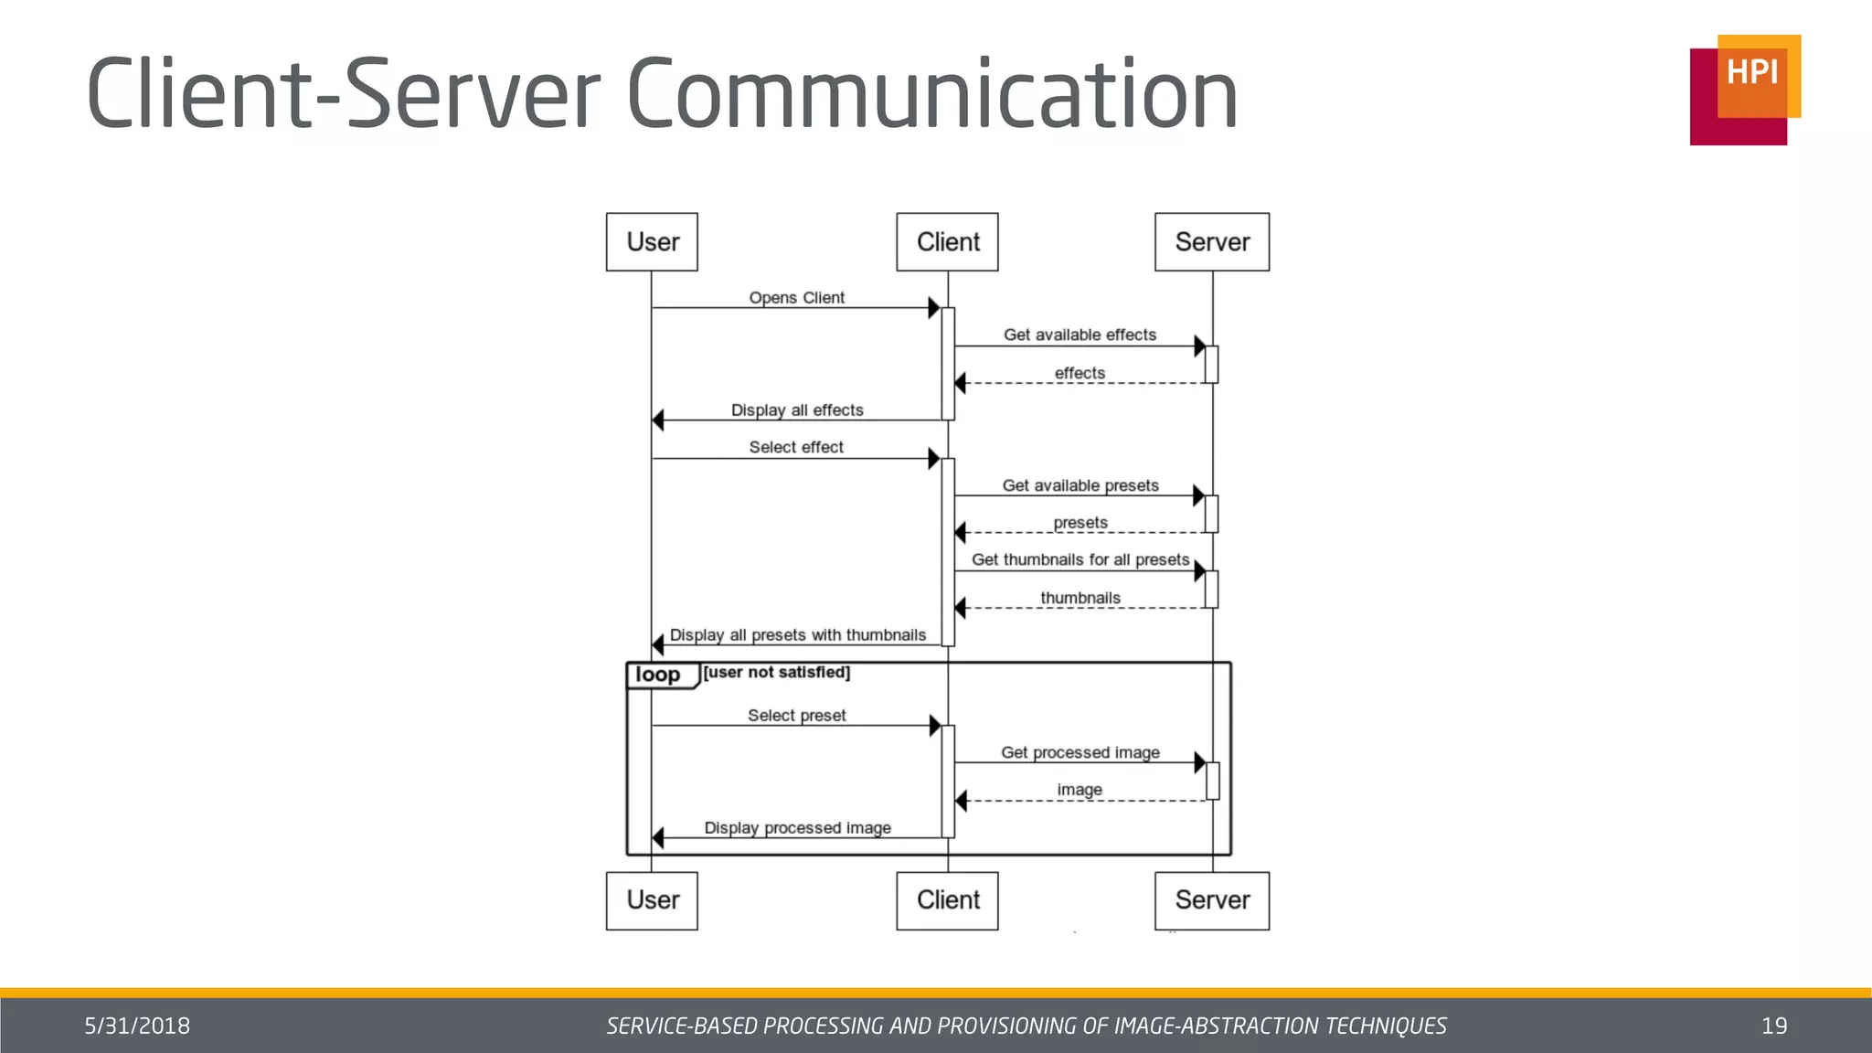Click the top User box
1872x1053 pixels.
[652, 242]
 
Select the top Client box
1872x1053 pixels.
[947, 242]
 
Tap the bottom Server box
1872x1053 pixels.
[1211, 900]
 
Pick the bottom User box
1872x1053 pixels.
[652, 900]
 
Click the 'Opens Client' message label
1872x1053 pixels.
[796, 298]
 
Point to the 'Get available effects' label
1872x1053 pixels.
[1080, 335]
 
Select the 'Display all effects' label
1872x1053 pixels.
[797, 410]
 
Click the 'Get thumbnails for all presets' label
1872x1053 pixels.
[1080, 559]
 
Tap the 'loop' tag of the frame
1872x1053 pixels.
[659, 675]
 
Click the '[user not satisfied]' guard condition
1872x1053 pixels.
[776, 673]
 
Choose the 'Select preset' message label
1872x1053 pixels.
[796, 716]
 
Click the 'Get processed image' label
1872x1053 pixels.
[1080, 752]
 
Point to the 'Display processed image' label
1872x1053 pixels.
[797, 828]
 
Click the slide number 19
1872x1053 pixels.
[1773, 1026]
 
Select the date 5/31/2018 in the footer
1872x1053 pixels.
[137, 1026]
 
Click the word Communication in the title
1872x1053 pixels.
[932, 94]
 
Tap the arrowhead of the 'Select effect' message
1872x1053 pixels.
[934, 459]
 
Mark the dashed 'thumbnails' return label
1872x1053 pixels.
[1080, 598]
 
